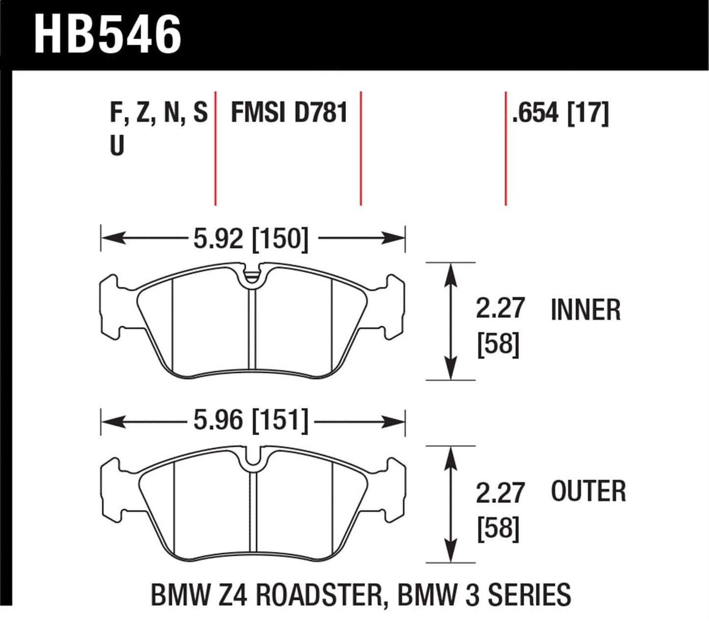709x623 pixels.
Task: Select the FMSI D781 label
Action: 289,113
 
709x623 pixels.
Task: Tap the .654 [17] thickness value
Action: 560,113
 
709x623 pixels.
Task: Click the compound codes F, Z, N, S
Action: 158,113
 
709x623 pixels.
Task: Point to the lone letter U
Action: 117,146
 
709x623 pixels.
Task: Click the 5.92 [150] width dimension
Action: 251,239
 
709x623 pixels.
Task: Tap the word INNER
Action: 585,310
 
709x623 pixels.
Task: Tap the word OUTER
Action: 588,492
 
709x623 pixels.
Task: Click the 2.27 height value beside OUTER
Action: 500,493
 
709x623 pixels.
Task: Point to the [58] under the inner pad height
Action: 498,344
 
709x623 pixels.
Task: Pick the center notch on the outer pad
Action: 253,459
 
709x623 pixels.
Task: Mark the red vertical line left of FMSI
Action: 215,147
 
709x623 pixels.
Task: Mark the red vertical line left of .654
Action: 505,147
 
